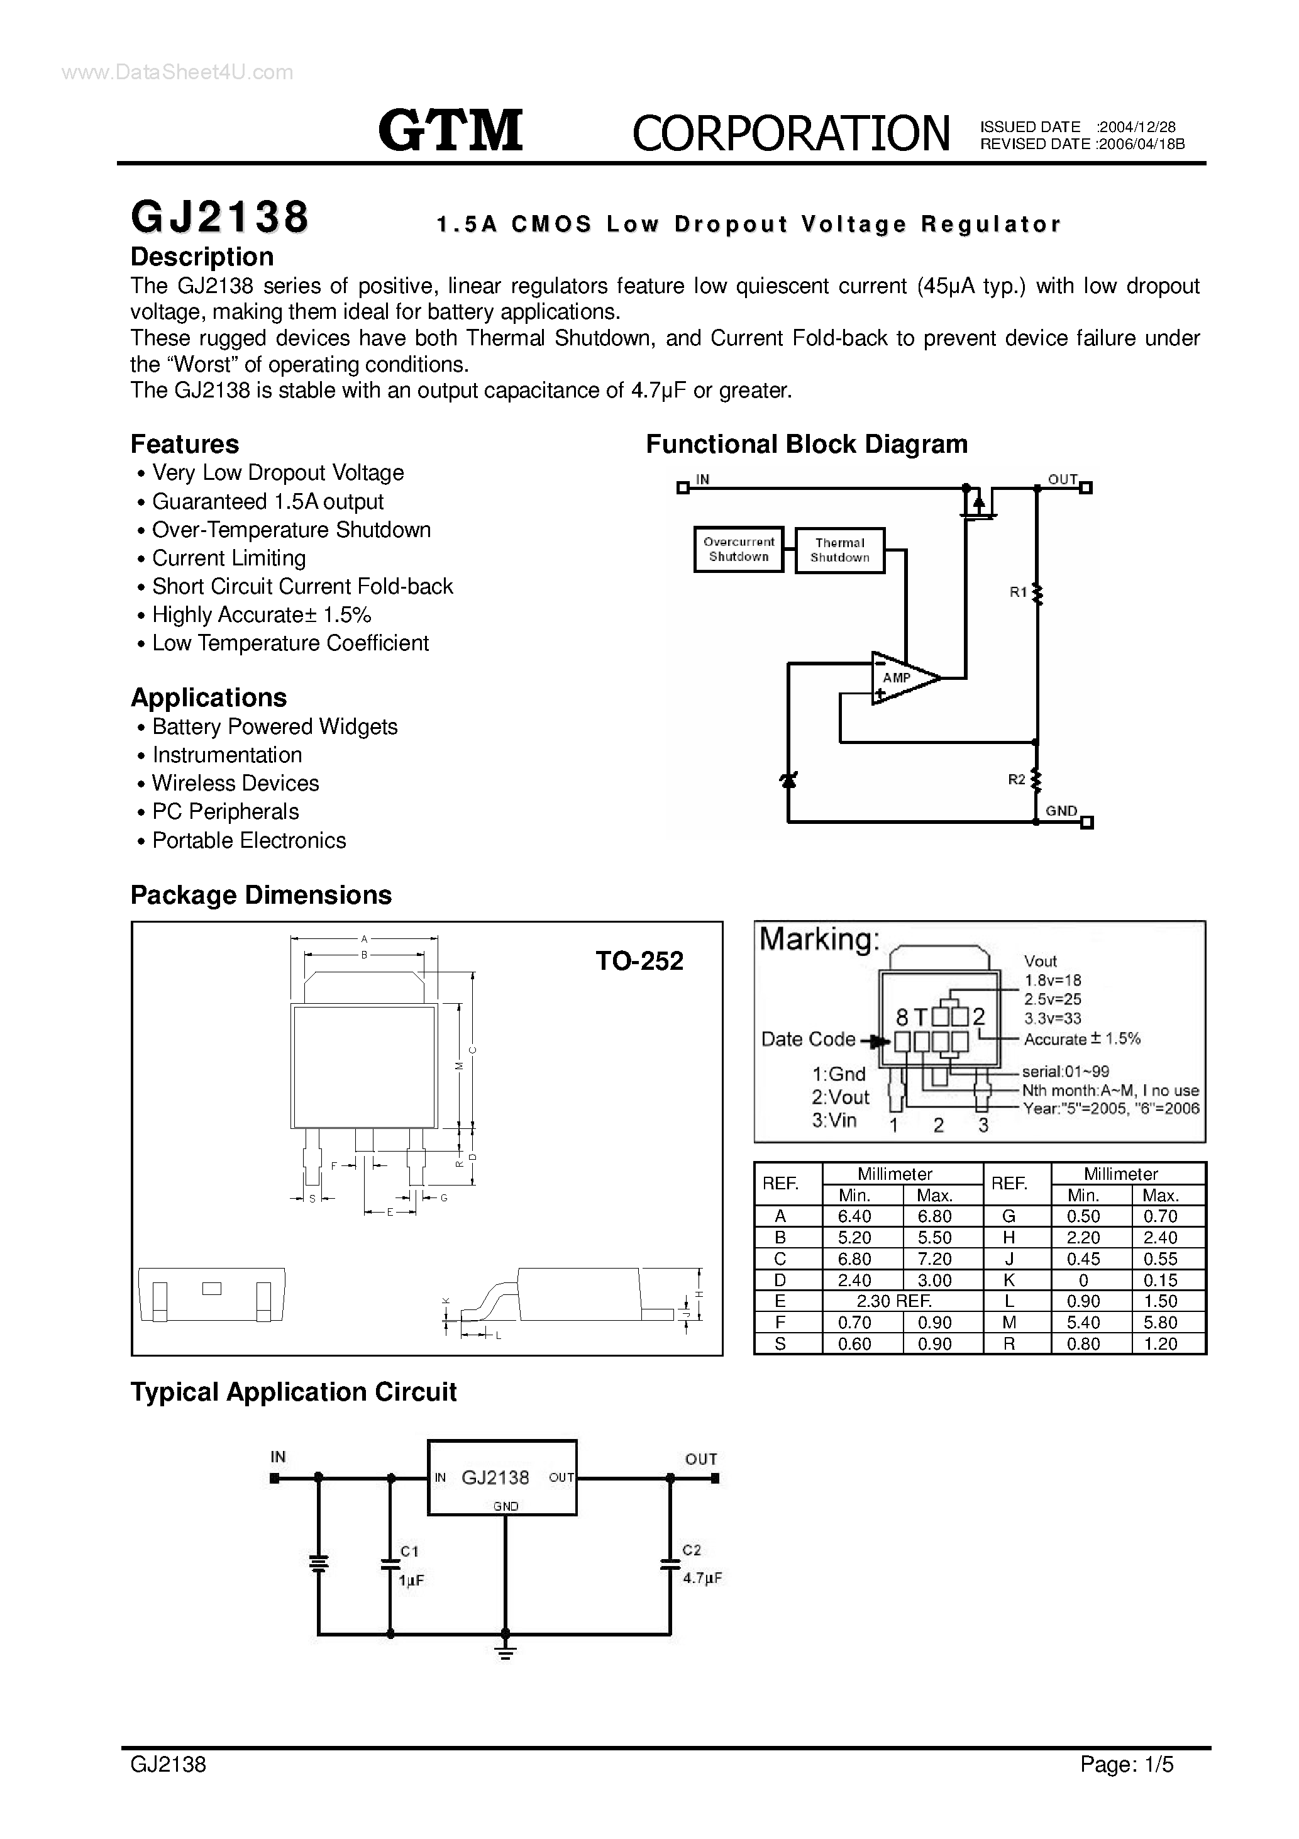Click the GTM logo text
(450, 131)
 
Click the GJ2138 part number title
(219, 217)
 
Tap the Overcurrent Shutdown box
(738, 550)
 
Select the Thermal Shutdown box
(839, 550)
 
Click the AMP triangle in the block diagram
(902, 677)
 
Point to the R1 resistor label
(1017, 592)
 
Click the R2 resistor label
(1015, 779)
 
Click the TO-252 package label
(639, 960)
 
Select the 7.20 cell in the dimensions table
(934, 1258)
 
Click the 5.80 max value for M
(1159, 1323)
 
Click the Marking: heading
(819, 939)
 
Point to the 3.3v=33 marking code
(1053, 1018)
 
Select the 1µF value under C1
(411, 1581)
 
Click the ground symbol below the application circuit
(506, 1652)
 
